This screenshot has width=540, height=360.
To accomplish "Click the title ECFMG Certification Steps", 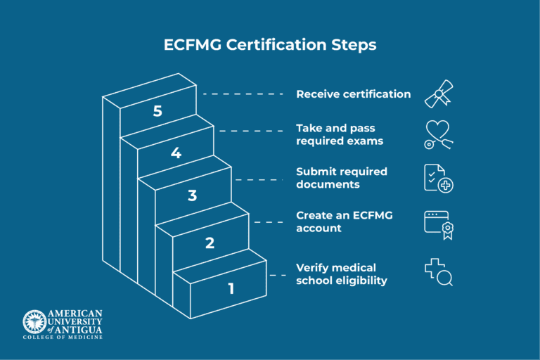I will [270, 45].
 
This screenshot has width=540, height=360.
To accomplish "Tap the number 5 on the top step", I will [157, 111].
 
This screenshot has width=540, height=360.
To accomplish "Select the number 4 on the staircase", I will [176, 153].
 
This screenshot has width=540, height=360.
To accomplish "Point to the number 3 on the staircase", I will [192, 195].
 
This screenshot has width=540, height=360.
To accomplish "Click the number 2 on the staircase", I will [210, 243].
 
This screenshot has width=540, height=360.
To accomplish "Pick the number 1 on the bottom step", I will [230, 288].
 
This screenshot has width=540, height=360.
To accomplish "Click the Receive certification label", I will [353, 94].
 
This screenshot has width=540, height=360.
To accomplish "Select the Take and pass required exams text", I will [340, 134].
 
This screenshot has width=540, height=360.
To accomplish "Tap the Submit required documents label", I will [341, 178].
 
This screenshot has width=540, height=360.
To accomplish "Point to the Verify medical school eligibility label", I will [341, 274].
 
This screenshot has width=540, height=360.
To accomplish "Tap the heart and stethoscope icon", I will [438, 134].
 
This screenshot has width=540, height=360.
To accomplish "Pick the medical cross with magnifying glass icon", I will [438, 273].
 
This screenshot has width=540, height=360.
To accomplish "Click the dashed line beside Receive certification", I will [243, 94].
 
